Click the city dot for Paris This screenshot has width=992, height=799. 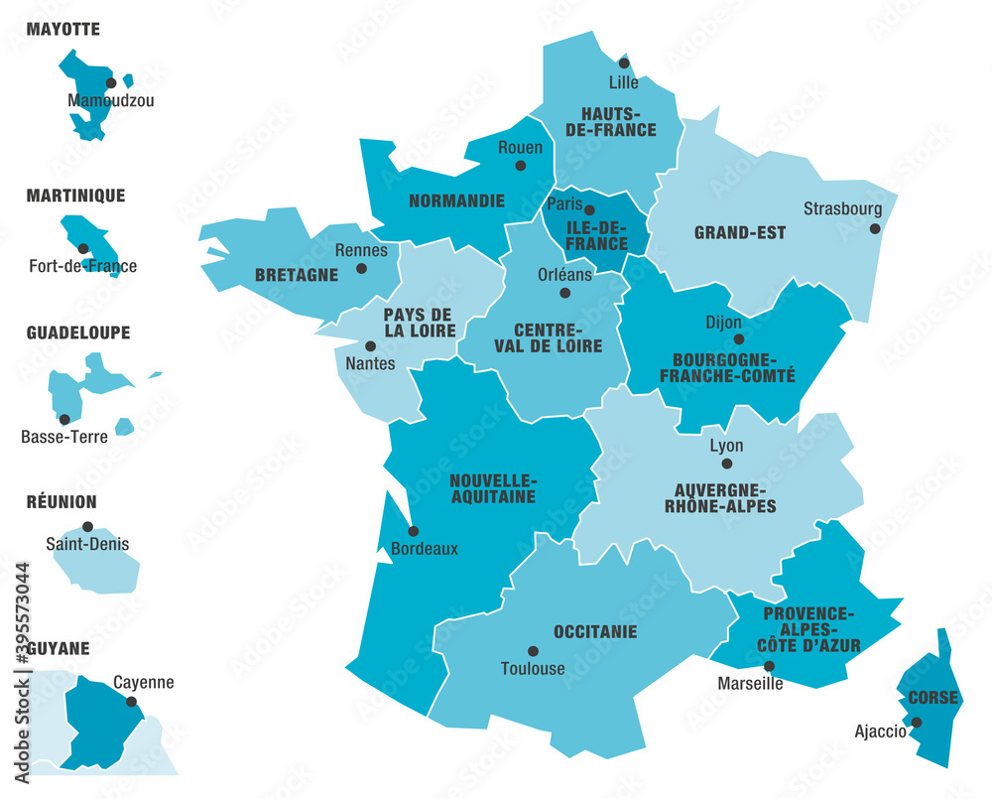pos(589,210)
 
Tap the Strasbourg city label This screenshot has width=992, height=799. pos(842,208)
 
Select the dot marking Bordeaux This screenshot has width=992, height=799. pos(413,531)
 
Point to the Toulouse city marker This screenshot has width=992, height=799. pos(533,651)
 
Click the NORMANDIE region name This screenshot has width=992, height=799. pos(456,200)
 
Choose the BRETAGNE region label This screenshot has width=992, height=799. pos(297,275)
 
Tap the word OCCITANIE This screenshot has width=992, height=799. pos(595,631)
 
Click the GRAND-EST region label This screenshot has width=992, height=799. pos(739,233)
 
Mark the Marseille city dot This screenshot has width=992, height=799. pos(769,667)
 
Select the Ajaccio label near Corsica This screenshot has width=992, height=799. pos(880,732)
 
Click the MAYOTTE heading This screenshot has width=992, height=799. pos(62,29)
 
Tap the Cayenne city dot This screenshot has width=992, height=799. pos(131,701)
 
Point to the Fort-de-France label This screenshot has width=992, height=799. pos(82,266)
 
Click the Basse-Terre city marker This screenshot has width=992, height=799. pos(64,419)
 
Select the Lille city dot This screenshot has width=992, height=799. pos(624,64)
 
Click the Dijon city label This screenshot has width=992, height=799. pos(723,322)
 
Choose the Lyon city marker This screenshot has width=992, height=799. pos(726,464)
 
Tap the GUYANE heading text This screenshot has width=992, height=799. pos(58,648)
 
